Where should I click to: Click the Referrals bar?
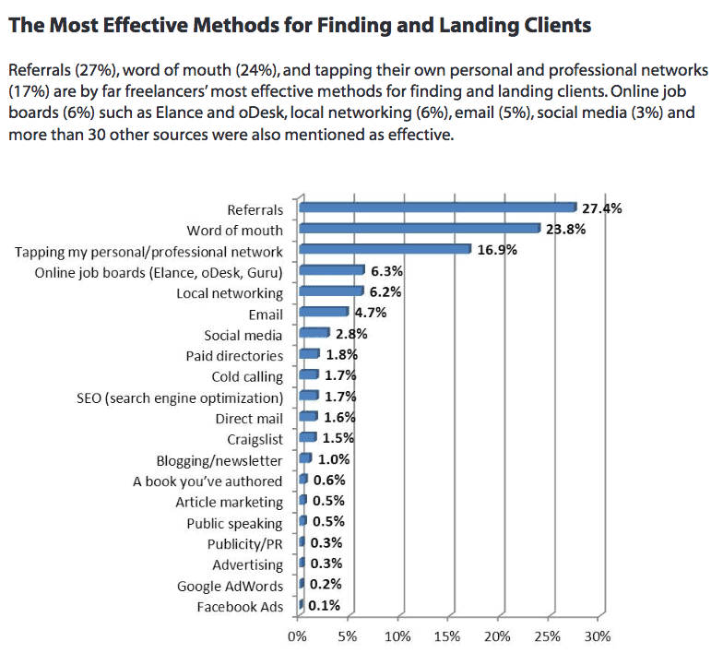438,208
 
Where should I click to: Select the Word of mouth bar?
420,229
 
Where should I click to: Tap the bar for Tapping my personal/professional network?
385,249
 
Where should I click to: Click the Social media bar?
314,333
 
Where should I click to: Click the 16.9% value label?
497,250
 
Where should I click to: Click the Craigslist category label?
255,439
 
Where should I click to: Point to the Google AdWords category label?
231,586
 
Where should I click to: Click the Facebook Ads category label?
240,607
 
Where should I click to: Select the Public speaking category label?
234,523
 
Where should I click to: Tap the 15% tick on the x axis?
447,636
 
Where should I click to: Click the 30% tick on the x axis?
597,636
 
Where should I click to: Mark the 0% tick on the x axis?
297,636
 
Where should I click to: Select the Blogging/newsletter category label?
220,460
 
